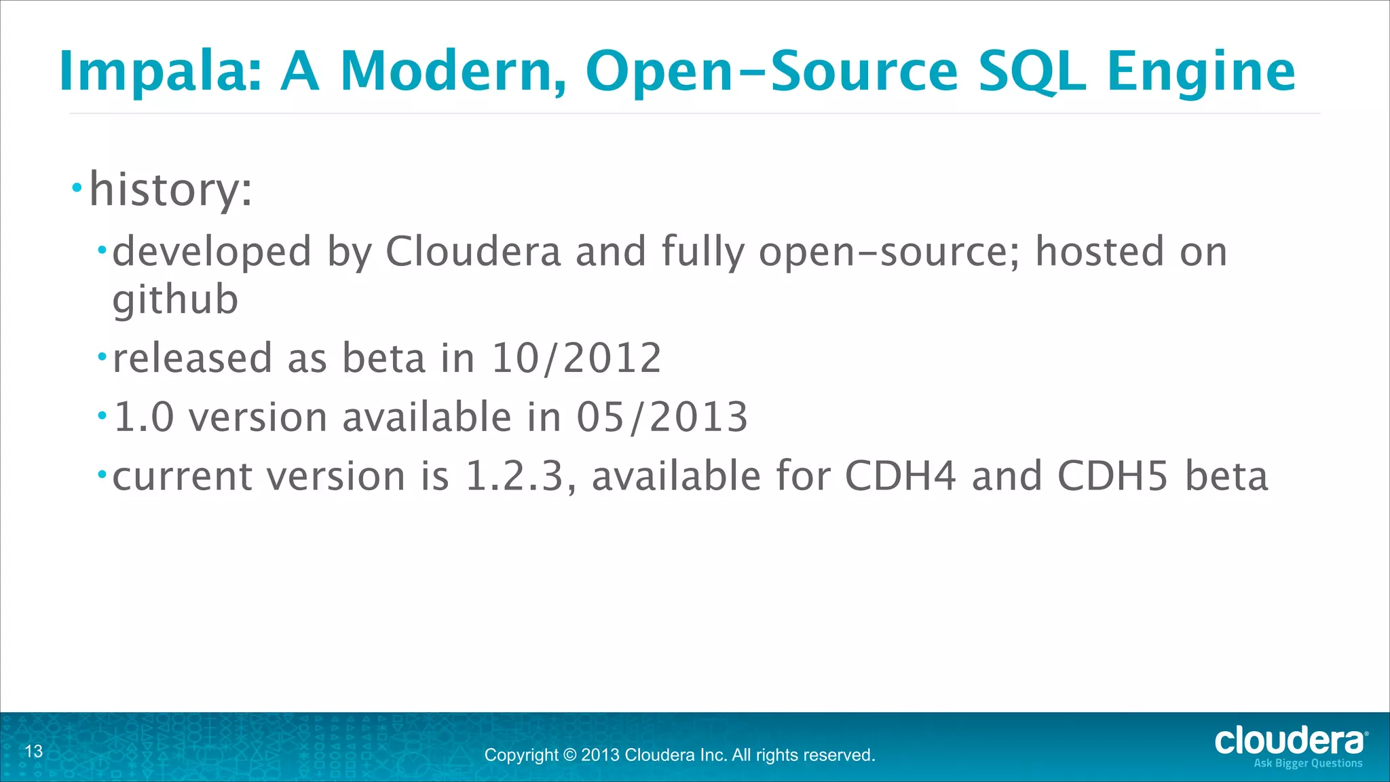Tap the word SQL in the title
coord(1032,72)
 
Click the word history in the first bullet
coord(164,189)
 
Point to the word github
coord(175,299)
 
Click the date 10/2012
coord(576,358)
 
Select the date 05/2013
coord(662,417)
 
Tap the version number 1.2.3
coord(515,476)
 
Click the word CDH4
coord(900,476)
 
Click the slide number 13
coord(34,751)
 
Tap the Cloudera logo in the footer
coord(1290,741)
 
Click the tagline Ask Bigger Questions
coord(1308,764)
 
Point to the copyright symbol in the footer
coord(569,755)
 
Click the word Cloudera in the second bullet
coord(473,252)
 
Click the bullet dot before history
coord(77,187)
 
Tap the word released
coord(192,358)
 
